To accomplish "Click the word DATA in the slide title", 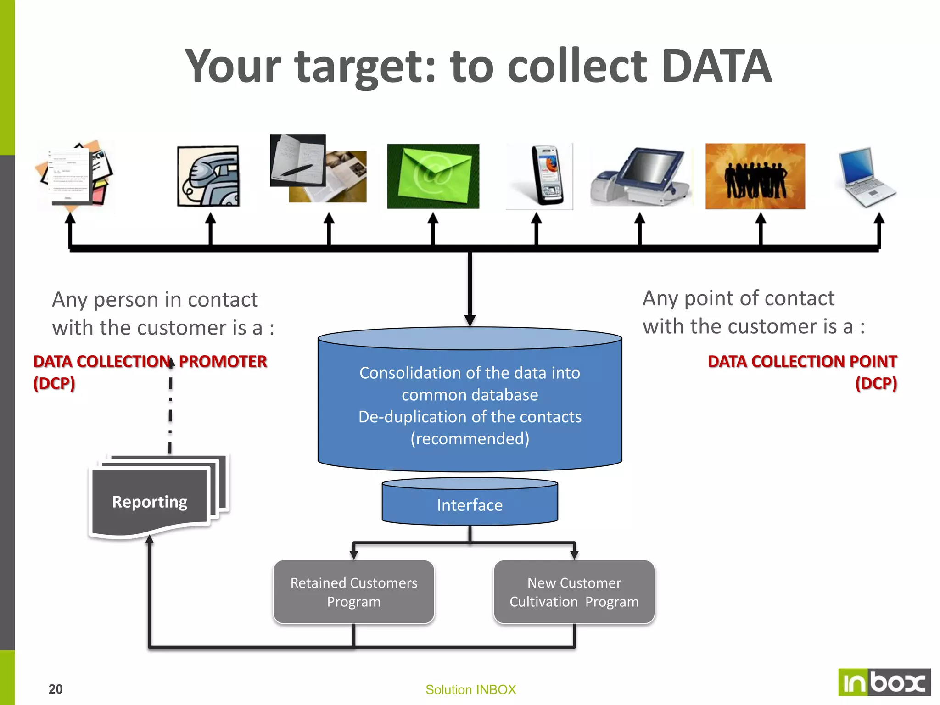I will (x=716, y=67).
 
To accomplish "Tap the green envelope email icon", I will (x=433, y=176).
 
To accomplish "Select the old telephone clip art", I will (x=208, y=176).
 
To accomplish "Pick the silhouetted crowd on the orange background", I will (x=755, y=177).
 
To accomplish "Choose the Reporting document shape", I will (x=150, y=502).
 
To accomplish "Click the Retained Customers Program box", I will (x=353, y=592).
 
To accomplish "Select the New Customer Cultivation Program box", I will (x=574, y=592).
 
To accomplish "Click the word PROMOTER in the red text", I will (x=223, y=362).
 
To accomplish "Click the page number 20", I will (x=56, y=689).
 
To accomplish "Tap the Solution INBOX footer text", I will (x=470, y=689).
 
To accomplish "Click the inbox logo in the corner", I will (x=884, y=683).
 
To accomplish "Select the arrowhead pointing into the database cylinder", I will (x=470, y=320).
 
